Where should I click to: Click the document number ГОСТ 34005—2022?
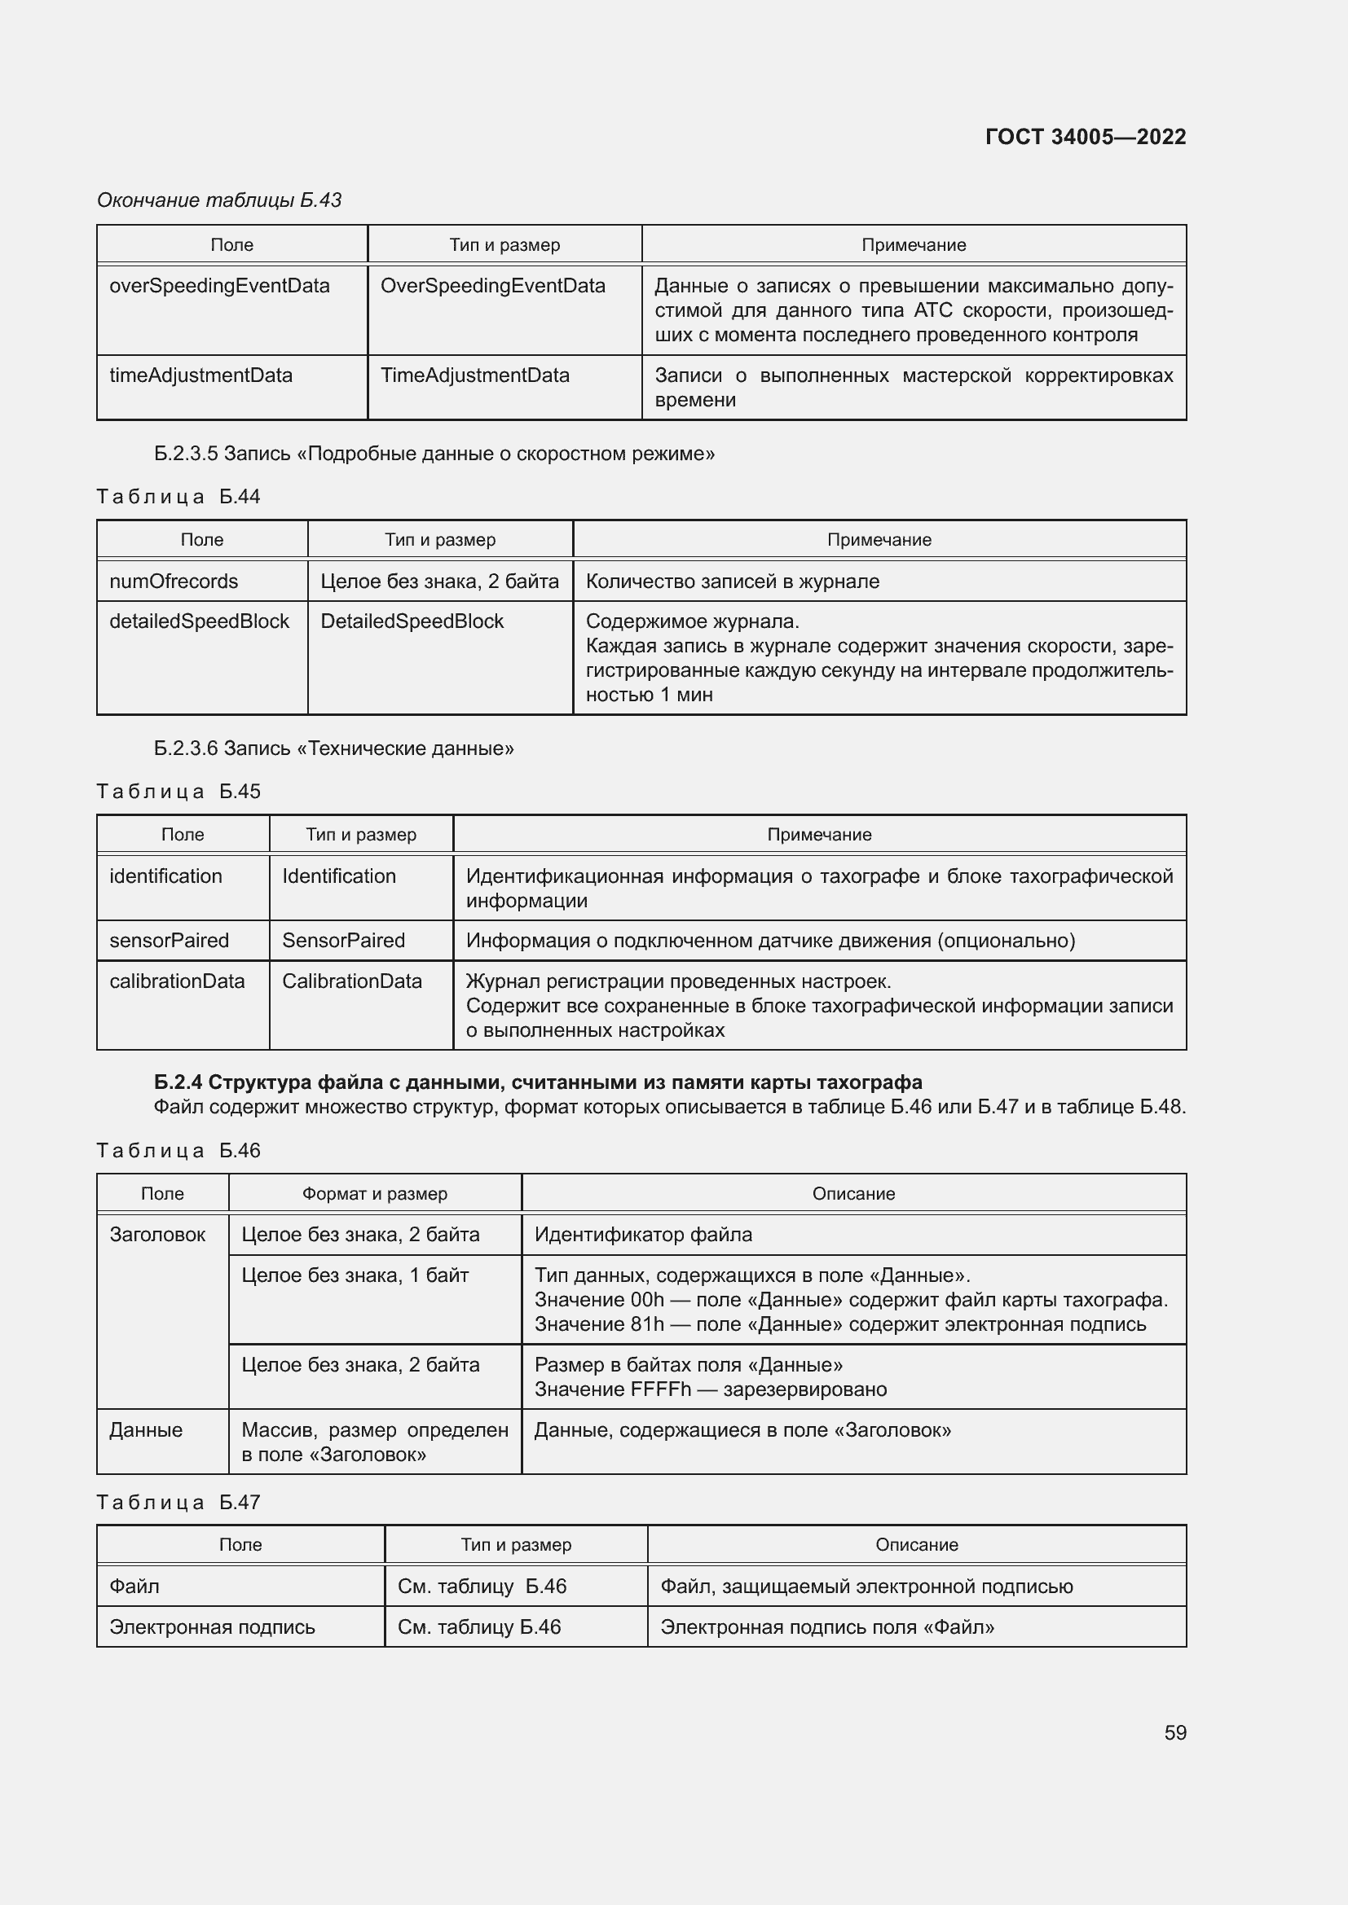(x=1085, y=137)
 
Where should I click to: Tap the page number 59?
(x=1174, y=1732)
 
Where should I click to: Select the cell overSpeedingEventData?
(x=219, y=286)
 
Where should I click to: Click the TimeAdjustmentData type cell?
(x=475, y=375)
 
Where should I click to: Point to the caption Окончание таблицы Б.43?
(x=219, y=200)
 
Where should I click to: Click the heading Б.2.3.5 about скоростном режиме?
(x=434, y=454)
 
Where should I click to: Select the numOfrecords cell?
(x=174, y=582)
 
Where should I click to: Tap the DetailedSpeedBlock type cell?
(x=412, y=621)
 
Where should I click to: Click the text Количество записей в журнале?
(x=732, y=582)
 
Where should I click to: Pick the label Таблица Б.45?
(x=178, y=792)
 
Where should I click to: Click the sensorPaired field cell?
(x=170, y=941)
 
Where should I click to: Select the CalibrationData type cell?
(x=352, y=981)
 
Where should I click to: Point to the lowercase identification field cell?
(x=166, y=876)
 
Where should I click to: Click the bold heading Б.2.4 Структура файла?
(x=538, y=1082)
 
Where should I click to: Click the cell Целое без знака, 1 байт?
(x=355, y=1275)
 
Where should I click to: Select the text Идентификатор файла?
(x=643, y=1235)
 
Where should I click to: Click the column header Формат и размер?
(x=374, y=1194)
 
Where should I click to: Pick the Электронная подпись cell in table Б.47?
(x=213, y=1627)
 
